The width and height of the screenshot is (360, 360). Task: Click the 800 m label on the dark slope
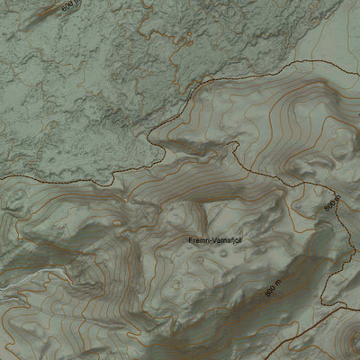[x=273, y=291]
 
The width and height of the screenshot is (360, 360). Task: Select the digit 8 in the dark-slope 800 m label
[x=267, y=295]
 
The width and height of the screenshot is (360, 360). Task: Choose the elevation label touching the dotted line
[x=329, y=203]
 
